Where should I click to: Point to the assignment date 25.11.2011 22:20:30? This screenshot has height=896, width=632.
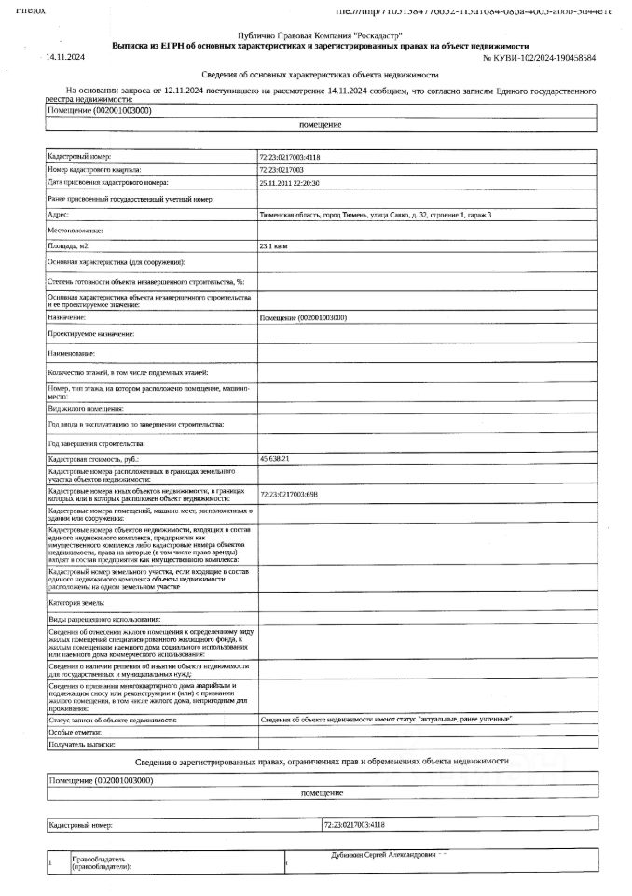point(289,184)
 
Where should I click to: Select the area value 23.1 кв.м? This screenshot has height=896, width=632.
point(275,246)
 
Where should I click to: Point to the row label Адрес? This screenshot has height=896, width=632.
point(59,215)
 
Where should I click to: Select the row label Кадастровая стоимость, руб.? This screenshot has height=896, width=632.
point(93,459)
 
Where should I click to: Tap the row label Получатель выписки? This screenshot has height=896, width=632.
point(80,745)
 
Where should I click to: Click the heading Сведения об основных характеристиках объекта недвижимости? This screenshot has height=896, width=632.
point(320,75)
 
